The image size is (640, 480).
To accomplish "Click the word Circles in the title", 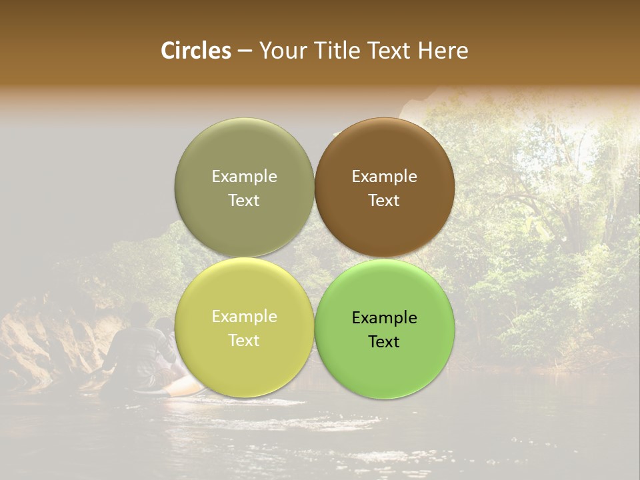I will (195, 51).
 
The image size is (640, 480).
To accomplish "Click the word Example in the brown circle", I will (384, 177).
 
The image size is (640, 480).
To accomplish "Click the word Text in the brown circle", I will (384, 201).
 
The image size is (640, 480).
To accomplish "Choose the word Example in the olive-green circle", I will (244, 177).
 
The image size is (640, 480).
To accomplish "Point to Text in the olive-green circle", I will (244, 201).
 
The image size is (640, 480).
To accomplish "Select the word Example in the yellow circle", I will (244, 317).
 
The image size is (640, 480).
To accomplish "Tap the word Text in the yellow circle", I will (244, 341).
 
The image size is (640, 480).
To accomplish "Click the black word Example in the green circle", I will (384, 318).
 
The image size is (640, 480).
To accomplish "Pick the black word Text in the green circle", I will (384, 342).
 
